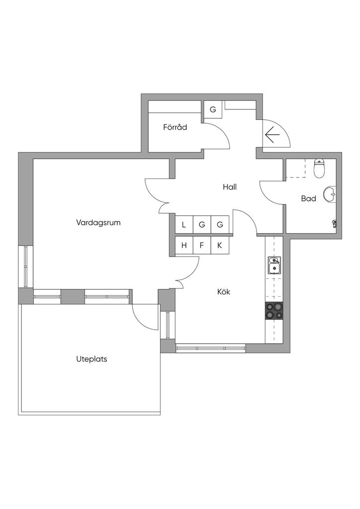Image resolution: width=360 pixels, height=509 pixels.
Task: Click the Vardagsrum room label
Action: tap(98, 223)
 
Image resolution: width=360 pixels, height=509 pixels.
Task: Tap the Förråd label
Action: tap(175, 127)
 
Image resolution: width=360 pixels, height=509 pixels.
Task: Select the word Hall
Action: tap(230, 187)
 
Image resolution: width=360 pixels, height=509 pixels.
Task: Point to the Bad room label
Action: tap(308, 198)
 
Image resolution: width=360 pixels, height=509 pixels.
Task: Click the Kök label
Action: tap(224, 291)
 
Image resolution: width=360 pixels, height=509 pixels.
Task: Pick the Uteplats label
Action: tap(91, 359)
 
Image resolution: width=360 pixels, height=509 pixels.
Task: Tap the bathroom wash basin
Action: tap(330, 195)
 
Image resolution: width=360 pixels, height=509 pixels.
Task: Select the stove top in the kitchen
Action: tap(274, 311)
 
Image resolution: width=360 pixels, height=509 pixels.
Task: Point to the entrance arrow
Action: tap(272, 134)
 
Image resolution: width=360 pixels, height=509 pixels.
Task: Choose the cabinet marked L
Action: tap(184, 225)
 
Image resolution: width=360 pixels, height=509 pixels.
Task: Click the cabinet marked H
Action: tap(184, 246)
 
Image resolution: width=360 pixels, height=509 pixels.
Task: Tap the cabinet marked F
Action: tap(201, 246)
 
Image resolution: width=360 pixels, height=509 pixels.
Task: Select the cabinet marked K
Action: tap(220, 246)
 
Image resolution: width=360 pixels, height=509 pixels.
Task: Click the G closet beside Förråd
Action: tap(213, 109)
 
